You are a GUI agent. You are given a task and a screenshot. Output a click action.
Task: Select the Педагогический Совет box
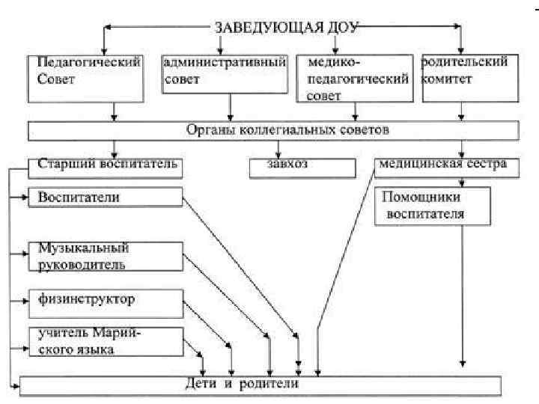[85, 78]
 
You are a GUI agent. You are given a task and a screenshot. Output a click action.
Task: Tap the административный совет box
[225, 74]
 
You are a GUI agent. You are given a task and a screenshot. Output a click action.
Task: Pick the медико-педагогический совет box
[353, 78]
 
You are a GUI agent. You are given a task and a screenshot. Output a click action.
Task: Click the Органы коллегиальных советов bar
[273, 131]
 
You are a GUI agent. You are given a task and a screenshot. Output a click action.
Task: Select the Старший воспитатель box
[106, 166]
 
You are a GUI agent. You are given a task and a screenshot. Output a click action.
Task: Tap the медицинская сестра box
[446, 166]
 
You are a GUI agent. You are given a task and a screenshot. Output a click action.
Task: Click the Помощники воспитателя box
[433, 206]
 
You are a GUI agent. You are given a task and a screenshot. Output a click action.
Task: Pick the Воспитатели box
[106, 198]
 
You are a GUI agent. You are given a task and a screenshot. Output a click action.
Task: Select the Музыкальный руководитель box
[106, 256]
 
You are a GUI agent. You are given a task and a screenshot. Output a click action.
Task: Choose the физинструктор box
[106, 300]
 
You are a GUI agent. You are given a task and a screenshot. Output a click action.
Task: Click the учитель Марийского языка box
[106, 341]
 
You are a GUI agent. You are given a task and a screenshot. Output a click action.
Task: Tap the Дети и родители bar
[259, 385]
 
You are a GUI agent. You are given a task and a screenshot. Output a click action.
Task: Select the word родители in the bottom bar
[272, 385]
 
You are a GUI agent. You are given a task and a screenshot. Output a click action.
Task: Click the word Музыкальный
[79, 248]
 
